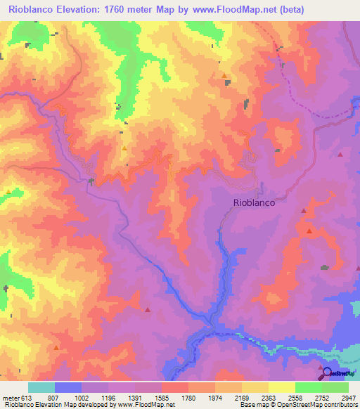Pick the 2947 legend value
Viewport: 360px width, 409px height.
tap(349, 398)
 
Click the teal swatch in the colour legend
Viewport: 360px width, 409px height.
tap(41, 387)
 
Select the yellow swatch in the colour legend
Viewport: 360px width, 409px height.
tap(281, 387)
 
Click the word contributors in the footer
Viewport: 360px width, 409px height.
tap(339, 405)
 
